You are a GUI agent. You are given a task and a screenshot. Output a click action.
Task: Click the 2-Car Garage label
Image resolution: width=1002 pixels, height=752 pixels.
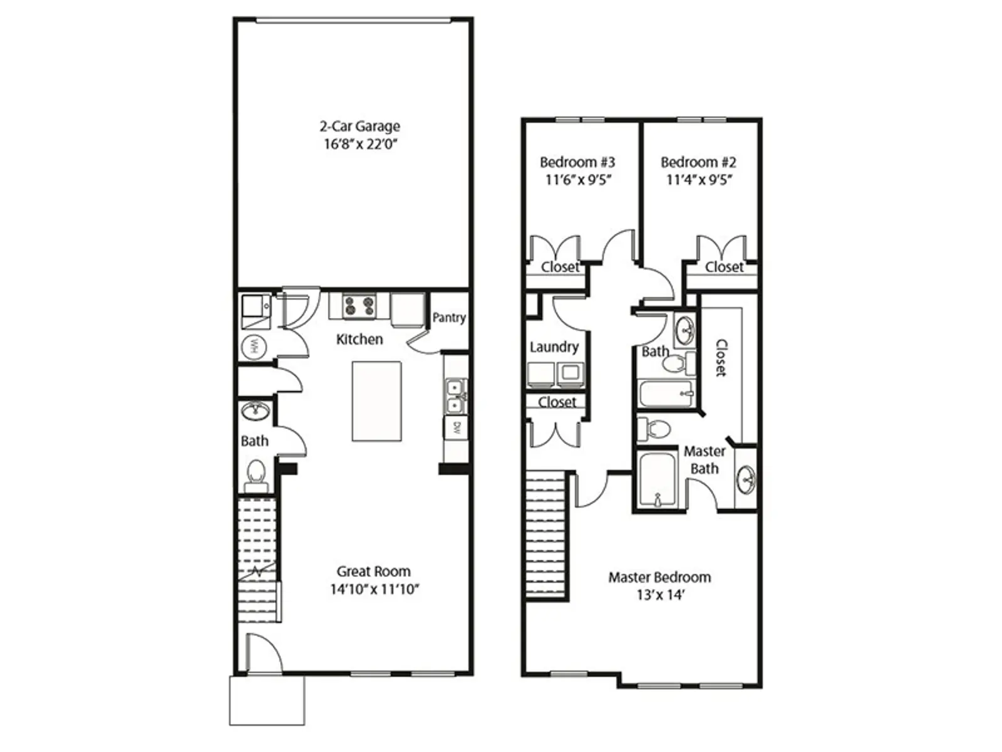[359, 127]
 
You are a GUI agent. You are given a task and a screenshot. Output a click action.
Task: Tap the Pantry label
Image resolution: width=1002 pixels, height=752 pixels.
[449, 318]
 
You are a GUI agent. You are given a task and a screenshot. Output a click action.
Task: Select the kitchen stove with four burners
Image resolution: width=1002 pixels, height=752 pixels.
[359, 306]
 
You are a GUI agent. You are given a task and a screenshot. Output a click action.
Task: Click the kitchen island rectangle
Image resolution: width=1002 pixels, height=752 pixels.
[376, 401]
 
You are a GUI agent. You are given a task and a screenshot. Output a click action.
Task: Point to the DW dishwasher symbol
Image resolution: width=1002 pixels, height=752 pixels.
[457, 429]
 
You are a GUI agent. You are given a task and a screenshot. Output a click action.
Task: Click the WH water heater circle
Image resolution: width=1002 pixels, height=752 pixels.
[254, 345]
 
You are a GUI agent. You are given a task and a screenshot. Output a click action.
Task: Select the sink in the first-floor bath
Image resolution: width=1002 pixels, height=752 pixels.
[256, 412]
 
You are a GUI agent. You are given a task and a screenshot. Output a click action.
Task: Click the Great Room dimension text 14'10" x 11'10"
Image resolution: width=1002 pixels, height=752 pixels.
[374, 589]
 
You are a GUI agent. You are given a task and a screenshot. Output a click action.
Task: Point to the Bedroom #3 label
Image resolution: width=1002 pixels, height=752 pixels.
[577, 162]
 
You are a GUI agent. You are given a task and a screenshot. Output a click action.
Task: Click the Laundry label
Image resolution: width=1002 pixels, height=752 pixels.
[554, 347]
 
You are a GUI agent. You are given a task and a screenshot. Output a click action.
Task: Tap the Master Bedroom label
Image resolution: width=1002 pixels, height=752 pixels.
[659, 577]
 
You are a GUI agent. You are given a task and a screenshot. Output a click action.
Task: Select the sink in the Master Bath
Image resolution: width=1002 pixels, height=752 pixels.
[746, 479]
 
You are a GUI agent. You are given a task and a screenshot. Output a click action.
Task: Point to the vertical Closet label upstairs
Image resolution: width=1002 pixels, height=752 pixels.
[721, 357]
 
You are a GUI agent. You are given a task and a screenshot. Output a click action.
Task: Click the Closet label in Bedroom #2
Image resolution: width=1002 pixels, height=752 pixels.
[724, 267]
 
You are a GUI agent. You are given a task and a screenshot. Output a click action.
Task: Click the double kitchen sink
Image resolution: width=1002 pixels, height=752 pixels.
[455, 396]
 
